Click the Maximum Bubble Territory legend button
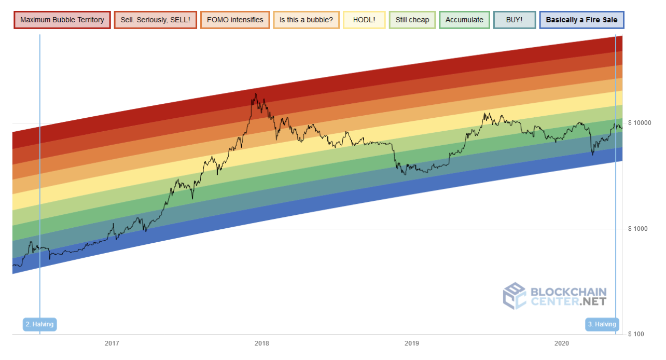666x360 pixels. (62, 20)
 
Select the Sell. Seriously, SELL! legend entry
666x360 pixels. (155, 20)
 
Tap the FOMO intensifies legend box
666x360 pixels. (235, 20)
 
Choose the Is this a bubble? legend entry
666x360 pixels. (306, 20)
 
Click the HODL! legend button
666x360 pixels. (364, 20)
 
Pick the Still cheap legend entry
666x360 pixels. (412, 20)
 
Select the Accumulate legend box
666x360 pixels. (464, 20)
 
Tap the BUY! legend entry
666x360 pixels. (514, 20)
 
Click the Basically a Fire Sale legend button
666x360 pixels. (581, 20)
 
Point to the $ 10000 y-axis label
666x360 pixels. (640, 123)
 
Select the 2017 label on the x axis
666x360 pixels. (112, 343)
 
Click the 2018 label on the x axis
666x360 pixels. (262, 343)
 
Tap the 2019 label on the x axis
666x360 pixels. (412, 343)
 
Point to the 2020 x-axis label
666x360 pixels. (562, 343)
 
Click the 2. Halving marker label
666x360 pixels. (39, 325)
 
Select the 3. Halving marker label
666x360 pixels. (602, 325)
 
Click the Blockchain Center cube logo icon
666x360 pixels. (515, 296)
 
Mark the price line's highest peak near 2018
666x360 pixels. (255, 94)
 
